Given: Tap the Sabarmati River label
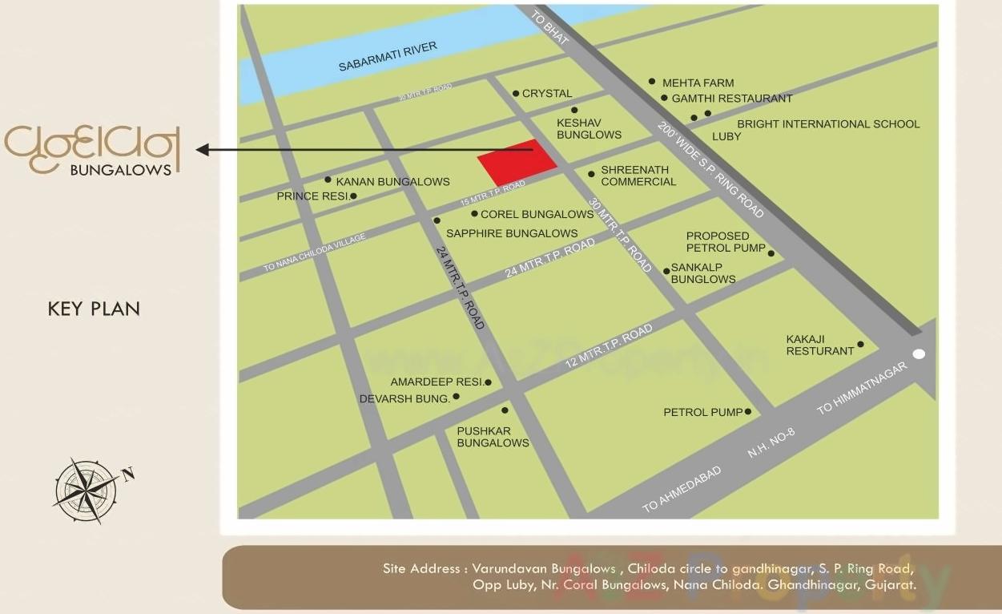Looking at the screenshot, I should pyautogui.click(x=388, y=57).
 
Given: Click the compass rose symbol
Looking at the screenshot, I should pyautogui.click(x=87, y=490).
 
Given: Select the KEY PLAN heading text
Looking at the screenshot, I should pyautogui.click(x=94, y=309).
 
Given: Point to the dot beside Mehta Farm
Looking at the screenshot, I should pyautogui.click(x=652, y=82).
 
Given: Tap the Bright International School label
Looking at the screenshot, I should pyautogui.click(x=828, y=124).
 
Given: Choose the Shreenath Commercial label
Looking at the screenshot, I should pyautogui.click(x=638, y=176).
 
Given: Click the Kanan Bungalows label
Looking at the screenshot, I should pyautogui.click(x=392, y=182).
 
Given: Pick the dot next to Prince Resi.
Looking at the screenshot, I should pyautogui.click(x=353, y=196).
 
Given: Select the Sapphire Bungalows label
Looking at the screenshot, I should pyautogui.click(x=511, y=233).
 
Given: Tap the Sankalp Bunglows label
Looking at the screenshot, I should pyautogui.click(x=702, y=273).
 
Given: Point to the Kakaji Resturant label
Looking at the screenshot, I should pyautogui.click(x=819, y=345).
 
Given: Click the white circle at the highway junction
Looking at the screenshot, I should pyautogui.click(x=919, y=353).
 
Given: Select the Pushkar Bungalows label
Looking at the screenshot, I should pyautogui.click(x=493, y=437).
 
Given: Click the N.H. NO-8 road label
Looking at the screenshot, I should pyautogui.click(x=771, y=442).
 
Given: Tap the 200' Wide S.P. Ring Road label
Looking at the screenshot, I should pyautogui.click(x=710, y=170).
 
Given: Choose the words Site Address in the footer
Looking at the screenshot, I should pyautogui.click(x=421, y=569).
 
